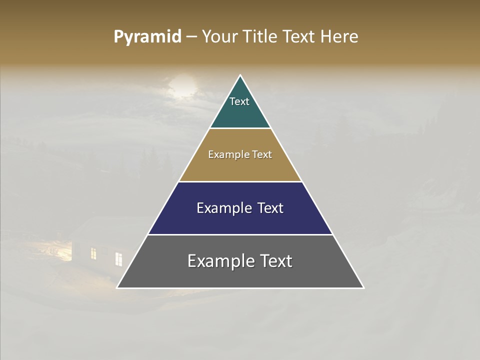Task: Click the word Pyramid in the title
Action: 147,37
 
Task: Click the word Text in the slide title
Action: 299,36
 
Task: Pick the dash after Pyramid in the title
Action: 191,37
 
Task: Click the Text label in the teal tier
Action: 239,101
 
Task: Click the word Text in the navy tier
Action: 270,208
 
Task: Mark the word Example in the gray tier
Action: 215,261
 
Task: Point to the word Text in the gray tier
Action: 276,261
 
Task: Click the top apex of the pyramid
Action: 240,75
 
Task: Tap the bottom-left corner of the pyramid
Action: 117,287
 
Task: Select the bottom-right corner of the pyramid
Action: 363,287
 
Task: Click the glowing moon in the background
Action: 181,86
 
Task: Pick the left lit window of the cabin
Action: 93,253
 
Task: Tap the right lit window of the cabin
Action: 118,259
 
